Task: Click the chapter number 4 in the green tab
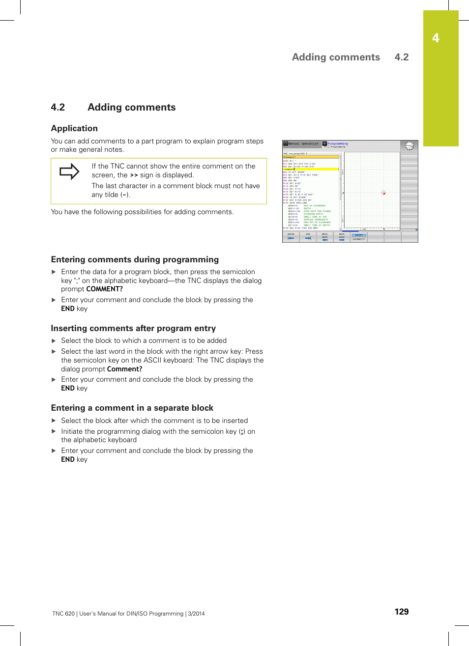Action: pyautogui.click(x=436, y=38)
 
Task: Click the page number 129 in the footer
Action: pyautogui.click(x=401, y=612)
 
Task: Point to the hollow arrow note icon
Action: pyautogui.click(x=69, y=171)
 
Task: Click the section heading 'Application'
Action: pyautogui.click(x=74, y=128)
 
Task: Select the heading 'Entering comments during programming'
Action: pyautogui.click(x=135, y=259)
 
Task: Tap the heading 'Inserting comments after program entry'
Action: pyautogui.click(x=133, y=328)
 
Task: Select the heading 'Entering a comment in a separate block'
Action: pyautogui.click(x=132, y=408)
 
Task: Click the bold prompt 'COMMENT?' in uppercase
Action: pyautogui.click(x=105, y=289)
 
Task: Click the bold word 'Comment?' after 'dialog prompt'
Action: pyautogui.click(x=124, y=369)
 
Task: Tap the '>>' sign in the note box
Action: pyautogui.click(x=134, y=175)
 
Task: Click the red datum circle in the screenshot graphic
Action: pyautogui.click(x=383, y=193)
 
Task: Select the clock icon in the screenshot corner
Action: pyautogui.click(x=409, y=146)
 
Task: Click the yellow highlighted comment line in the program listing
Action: pyautogui.click(x=310, y=169)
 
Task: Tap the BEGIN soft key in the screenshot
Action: pyautogui.click(x=291, y=237)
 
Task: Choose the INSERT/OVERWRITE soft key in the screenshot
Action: pyautogui.click(x=359, y=237)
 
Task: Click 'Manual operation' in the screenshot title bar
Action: pyautogui.click(x=302, y=144)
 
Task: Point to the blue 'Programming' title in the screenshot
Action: pyautogui.click(x=338, y=143)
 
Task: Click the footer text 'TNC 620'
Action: pyautogui.click(x=63, y=614)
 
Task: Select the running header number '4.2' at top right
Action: pyautogui.click(x=401, y=57)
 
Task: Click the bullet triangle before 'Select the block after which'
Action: pyautogui.click(x=54, y=421)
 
